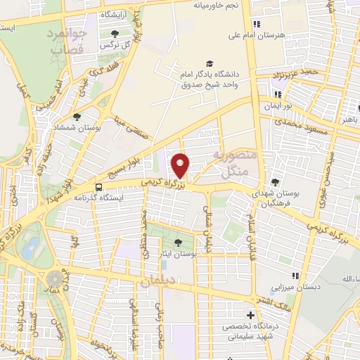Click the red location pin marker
tap(181, 166)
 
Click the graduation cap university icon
tap(208, 64)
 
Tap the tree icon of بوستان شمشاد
tap(77, 117)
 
